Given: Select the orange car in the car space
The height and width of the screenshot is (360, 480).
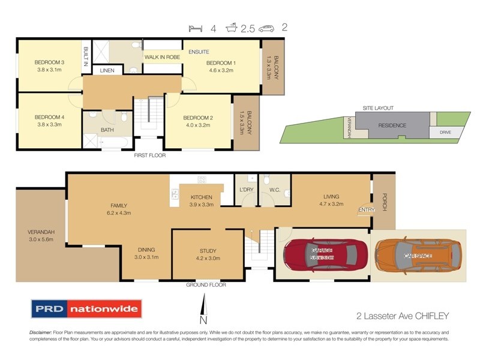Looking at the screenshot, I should pyautogui.click(x=419, y=256).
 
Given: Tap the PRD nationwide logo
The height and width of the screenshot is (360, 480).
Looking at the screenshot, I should pyautogui.click(x=86, y=310).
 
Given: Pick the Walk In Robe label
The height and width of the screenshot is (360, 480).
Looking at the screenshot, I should pyautogui.click(x=162, y=58).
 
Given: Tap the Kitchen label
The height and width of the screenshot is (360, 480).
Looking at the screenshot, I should pyautogui.click(x=202, y=197).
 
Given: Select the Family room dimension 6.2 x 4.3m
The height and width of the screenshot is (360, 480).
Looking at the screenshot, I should pyautogui.click(x=118, y=212).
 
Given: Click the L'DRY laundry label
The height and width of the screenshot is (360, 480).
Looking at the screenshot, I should pyautogui.click(x=247, y=190).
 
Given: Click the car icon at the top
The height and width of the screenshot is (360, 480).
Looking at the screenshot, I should pyautogui.click(x=267, y=28).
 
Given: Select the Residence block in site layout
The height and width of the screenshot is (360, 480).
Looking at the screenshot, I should pyautogui.click(x=392, y=125).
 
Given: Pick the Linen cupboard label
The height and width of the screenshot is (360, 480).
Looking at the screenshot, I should pyautogui.click(x=107, y=71).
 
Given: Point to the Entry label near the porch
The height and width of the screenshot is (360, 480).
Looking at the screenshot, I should pyautogui.click(x=365, y=209).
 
